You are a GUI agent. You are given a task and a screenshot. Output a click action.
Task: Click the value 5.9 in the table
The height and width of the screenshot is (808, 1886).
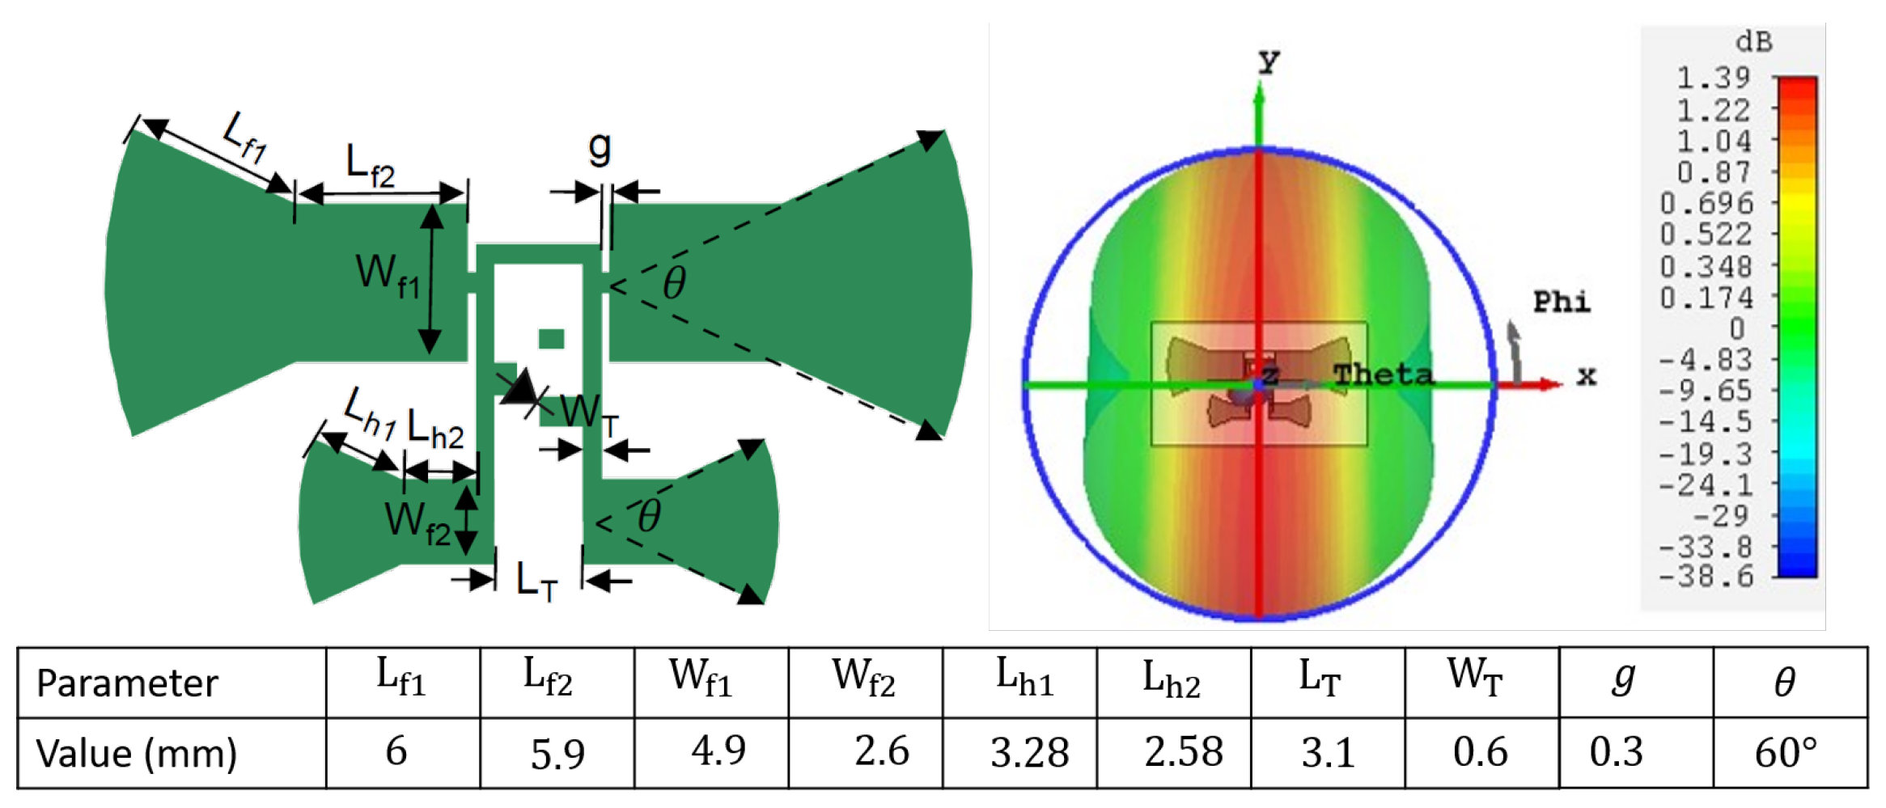pos(557,754)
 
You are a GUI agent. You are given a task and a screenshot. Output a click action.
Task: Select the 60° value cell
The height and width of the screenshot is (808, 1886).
pos(1786,753)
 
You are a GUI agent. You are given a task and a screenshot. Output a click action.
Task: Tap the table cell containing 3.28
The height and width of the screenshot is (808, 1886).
pos(1029,753)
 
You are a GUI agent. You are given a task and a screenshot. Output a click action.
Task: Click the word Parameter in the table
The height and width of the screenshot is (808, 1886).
pos(127,683)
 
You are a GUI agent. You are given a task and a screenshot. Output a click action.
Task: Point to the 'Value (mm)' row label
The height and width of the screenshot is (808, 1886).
pos(136,754)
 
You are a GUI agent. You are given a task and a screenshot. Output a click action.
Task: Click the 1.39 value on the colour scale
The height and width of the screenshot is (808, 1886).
pos(1713,78)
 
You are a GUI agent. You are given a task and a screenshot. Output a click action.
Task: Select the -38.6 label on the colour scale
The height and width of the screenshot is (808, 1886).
pos(1706,577)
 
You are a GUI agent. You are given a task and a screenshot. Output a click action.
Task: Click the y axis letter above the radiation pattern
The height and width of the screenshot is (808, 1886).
pos(1268,62)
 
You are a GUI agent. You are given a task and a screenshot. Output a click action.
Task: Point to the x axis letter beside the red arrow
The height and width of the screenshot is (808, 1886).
pos(1586,376)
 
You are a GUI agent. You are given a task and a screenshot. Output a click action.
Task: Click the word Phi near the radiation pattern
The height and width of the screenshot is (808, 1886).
pos(1561,302)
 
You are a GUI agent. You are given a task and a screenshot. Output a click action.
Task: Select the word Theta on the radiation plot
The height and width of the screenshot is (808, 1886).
pos(1383,374)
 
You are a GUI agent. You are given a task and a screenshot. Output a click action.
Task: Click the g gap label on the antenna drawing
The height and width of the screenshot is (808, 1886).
pos(599,148)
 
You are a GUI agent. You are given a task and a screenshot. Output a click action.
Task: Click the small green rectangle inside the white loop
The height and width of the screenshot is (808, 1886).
pos(551,339)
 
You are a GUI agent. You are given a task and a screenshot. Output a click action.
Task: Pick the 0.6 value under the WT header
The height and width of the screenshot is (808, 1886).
pos(1480,753)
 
